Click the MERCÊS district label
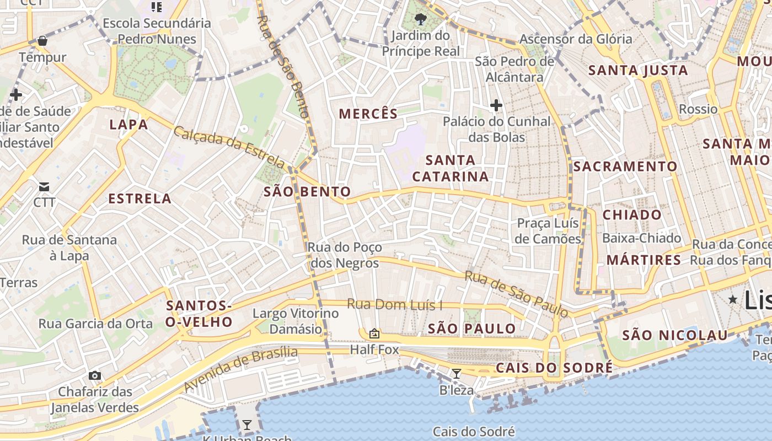click(x=368, y=114)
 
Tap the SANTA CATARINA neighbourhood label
click(x=451, y=168)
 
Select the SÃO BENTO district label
click(x=307, y=191)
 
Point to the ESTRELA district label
click(x=140, y=198)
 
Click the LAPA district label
click(x=128, y=124)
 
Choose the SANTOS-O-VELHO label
click(x=199, y=314)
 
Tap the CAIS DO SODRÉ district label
click(x=554, y=368)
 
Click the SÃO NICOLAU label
click(x=675, y=335)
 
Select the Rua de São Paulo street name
click(x=516, y=294)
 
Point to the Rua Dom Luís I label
click(x=395, y=304)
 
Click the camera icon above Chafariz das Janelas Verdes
click(x=95, y=375)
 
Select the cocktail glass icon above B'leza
click(x=456, y=374)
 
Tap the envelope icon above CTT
click(x=44, y=186)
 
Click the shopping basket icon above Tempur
click(x=42, y=41)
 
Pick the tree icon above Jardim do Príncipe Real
click(x=421, y=20)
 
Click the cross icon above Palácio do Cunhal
click(x=496, y=105)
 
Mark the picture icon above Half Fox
click(x=374, y=333)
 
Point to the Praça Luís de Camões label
click(x=548, y=230)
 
